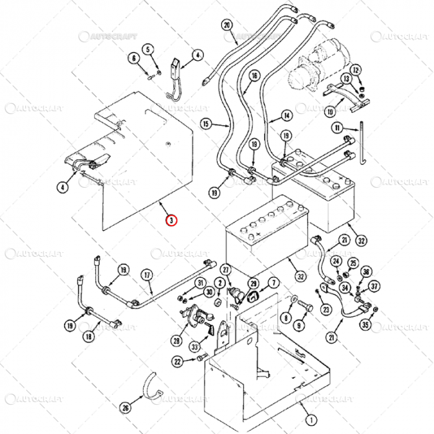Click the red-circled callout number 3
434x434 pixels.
[x=171, y=219]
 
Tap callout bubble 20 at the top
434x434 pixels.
[x=226, y=25]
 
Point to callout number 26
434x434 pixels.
[x=125, y=407]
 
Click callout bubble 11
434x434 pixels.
[x=337, y=128]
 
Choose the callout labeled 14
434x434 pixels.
[x=286, y=115]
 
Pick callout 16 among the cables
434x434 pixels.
[x=254, y=76]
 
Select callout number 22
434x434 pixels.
[x=177, y=361]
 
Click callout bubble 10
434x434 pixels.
[x=330, y=112]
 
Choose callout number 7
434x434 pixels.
[x=273, y=283]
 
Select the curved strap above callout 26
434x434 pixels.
[x=151, y=386]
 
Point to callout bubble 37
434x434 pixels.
[x=374, y=286]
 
